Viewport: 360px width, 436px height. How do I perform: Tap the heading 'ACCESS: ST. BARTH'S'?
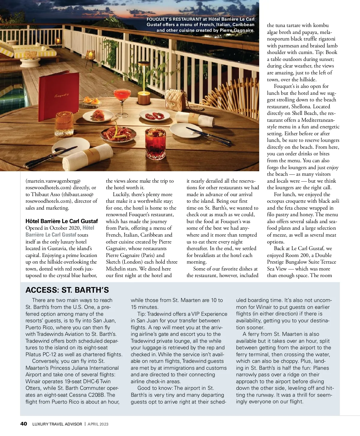[x=67, y=290]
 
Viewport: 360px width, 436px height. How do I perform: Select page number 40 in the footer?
[x=24, y=424]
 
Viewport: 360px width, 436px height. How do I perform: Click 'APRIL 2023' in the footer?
[x=98, y=424]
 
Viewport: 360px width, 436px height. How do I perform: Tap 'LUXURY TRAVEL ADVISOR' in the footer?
[x=57, y=424]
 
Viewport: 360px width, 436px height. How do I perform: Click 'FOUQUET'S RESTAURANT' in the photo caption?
[x=174, y=19]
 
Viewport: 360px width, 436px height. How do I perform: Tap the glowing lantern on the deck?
[x=90, y=55]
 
